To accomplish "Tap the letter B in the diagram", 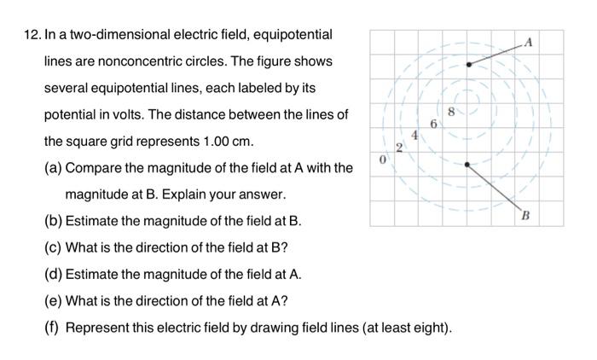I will (526, 216).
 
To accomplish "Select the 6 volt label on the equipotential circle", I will (433, 124).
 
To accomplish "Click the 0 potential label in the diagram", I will (384, 160).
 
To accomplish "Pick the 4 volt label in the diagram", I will (415, 134).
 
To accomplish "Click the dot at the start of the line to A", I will (467, 63).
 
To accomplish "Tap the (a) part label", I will (53, 167).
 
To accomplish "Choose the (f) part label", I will (52, 328).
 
